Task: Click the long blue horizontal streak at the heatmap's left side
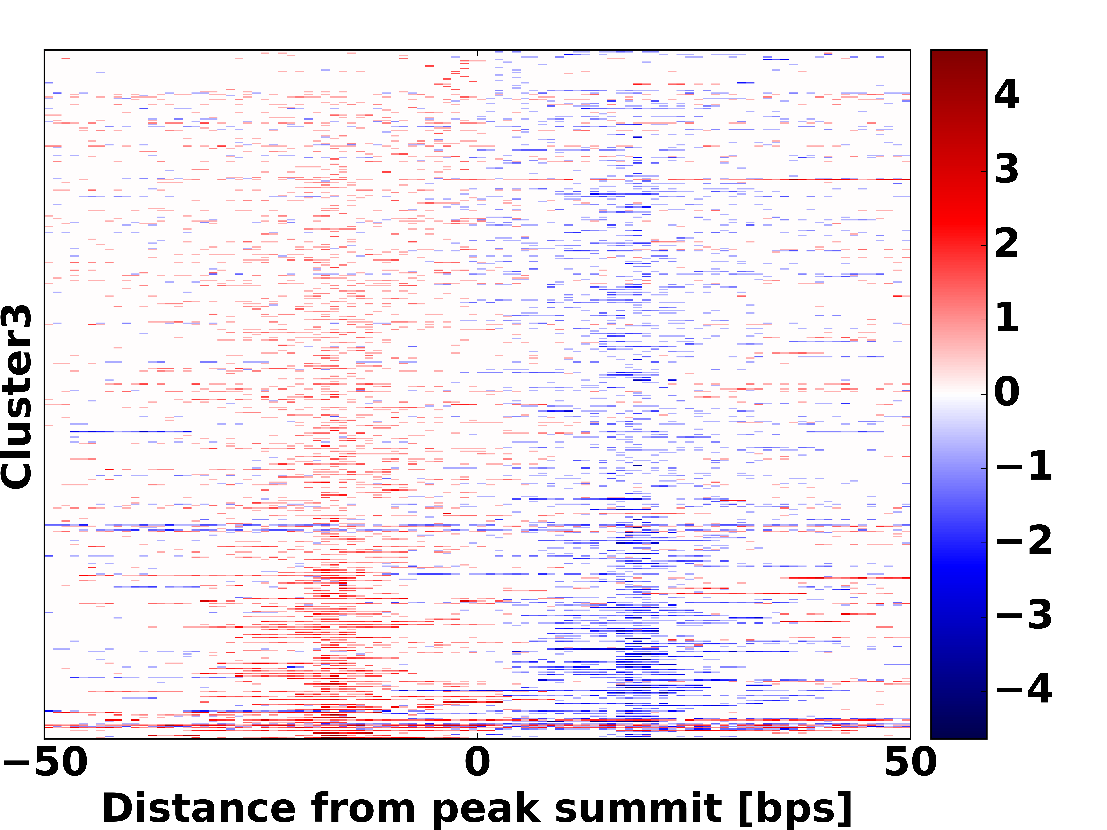130,431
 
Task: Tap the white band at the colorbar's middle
958,393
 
